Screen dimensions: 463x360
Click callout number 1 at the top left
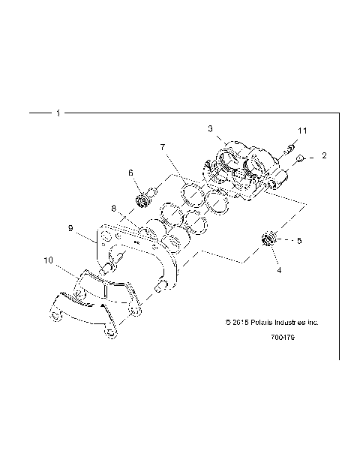(x=58, y=113)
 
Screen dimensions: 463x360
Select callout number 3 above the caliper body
(x=211, y=128)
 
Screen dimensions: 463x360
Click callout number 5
(x=298, y=242)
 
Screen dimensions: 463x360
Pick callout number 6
(x=130, y=173)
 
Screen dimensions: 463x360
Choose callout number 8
(x=113, y=208)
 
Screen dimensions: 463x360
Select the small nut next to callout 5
(x=268, y=240)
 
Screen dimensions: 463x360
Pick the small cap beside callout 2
(x=299, y=158)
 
